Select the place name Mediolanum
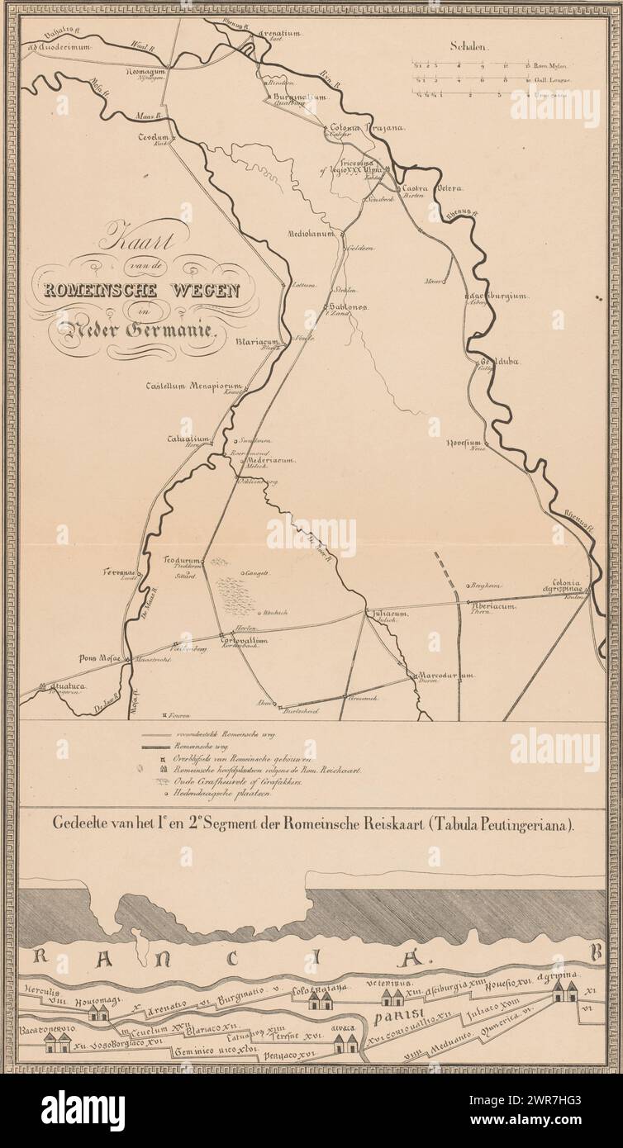pos(309,234)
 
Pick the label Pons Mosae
pos(100,658)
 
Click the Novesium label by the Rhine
pos(464,444)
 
